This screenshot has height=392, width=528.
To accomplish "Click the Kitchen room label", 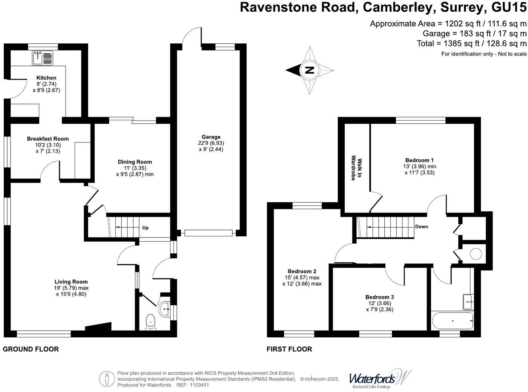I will click(x=46, y=78).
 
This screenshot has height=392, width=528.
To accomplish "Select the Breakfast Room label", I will click(x=48, y=139).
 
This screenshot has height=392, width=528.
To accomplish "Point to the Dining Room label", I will click(x=135, y=162).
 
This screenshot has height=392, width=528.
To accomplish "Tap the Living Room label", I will click(x=71, y=282).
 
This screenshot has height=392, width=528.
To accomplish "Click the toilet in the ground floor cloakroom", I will click(x=150, y=321).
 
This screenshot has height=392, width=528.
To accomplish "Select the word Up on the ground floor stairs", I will click(x=145, y=228).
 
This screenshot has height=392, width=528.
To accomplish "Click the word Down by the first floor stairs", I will click(x=421, y=227).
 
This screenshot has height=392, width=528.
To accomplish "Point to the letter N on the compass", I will click(x=309, y=70).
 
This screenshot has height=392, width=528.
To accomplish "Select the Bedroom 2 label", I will click(x=302, y=271).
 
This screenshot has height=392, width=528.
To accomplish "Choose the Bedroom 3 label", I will click(x=379, y=297).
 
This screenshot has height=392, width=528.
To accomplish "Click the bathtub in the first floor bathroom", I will click(x=452, y=321).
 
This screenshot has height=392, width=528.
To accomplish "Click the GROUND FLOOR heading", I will click(x=31, y=349).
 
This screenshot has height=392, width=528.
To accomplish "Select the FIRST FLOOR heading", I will click(x=289, y=349).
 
